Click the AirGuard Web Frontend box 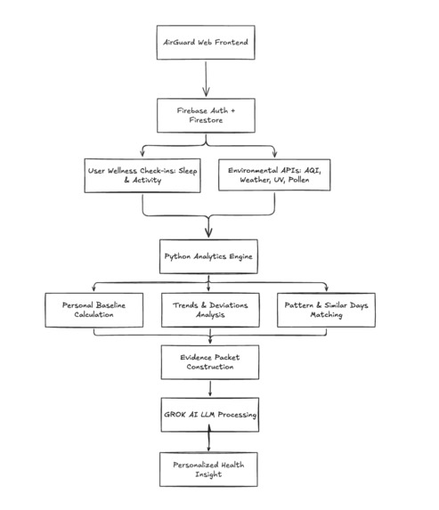coord(206,43)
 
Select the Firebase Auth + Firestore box coord(206,116)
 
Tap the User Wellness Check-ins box coord(142,175)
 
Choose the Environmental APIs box coord(274,175)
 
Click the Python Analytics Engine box coord(208,256)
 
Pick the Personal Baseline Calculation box coord(94,310)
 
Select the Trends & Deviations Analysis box coord(210,310)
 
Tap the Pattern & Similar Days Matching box coord(326,310)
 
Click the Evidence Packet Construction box coord(210,362)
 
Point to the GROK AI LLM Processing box coord(210,415)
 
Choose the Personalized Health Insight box coord(208,469)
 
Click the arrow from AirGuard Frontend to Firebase coord(206,79)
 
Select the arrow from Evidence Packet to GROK coord(210,389)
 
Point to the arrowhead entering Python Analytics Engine coord(208,232)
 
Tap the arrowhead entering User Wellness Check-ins coord(142,153)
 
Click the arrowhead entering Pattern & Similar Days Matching coord(327,288)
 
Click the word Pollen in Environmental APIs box coord(298,180)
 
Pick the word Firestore coord(206,120)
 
